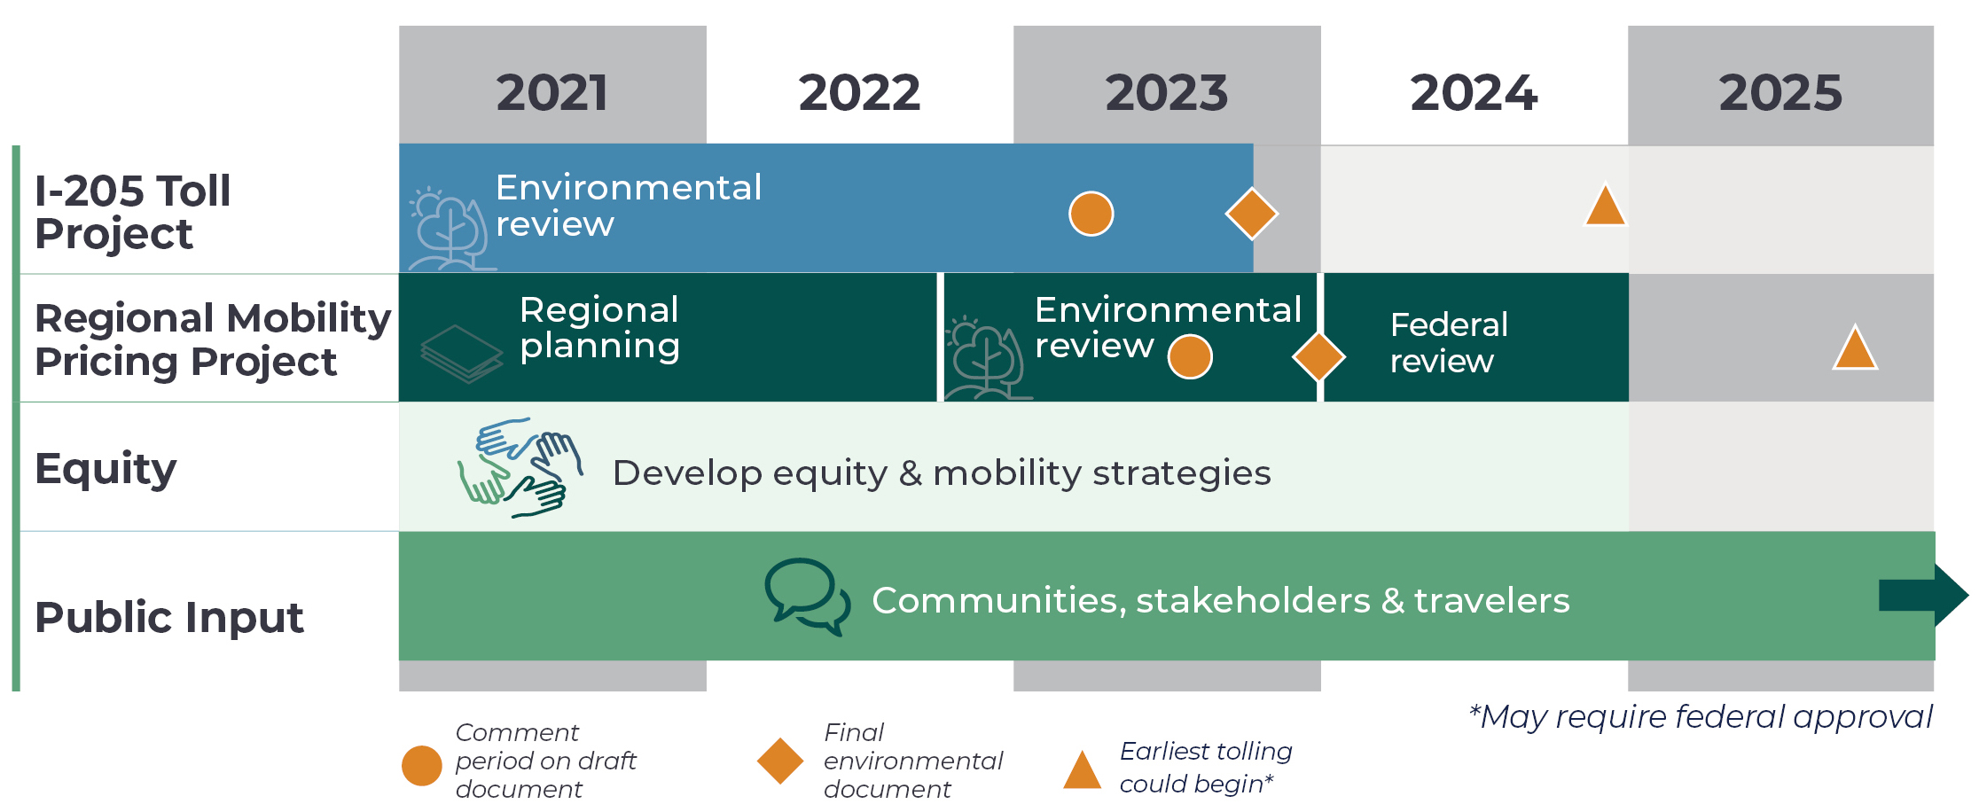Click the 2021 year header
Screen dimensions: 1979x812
tap(551, 92)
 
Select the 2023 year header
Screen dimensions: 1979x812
tap(1166, 92)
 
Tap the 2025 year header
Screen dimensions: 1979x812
tap(1780, 92)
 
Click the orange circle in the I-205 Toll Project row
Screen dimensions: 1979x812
tap(1091, 214)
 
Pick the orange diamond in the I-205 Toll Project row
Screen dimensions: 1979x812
tap(1251, 214)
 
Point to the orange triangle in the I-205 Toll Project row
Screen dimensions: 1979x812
tap(1605, 205)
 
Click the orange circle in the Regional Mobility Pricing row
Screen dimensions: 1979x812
tap(1190, 357)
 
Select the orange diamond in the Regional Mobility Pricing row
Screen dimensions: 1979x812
tap(1319, 357)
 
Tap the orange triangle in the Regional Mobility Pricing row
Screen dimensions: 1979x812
tap(1855, 347)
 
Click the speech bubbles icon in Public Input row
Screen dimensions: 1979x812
tap(808, 597)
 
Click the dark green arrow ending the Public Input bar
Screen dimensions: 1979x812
tap(1923, 595)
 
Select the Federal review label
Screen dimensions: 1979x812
tap(1449, 343)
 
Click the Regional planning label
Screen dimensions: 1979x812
tap(599, 328)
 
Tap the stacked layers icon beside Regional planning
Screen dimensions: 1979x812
tap(461, 354)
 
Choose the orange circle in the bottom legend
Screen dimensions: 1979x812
tap(422, 765)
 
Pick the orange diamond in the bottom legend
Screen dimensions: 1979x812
tap(780, 761)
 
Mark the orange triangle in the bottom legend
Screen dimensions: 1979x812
tap(1083, 770)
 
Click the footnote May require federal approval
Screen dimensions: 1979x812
tap(1700, 717)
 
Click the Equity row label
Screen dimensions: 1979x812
tap(106, 469)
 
